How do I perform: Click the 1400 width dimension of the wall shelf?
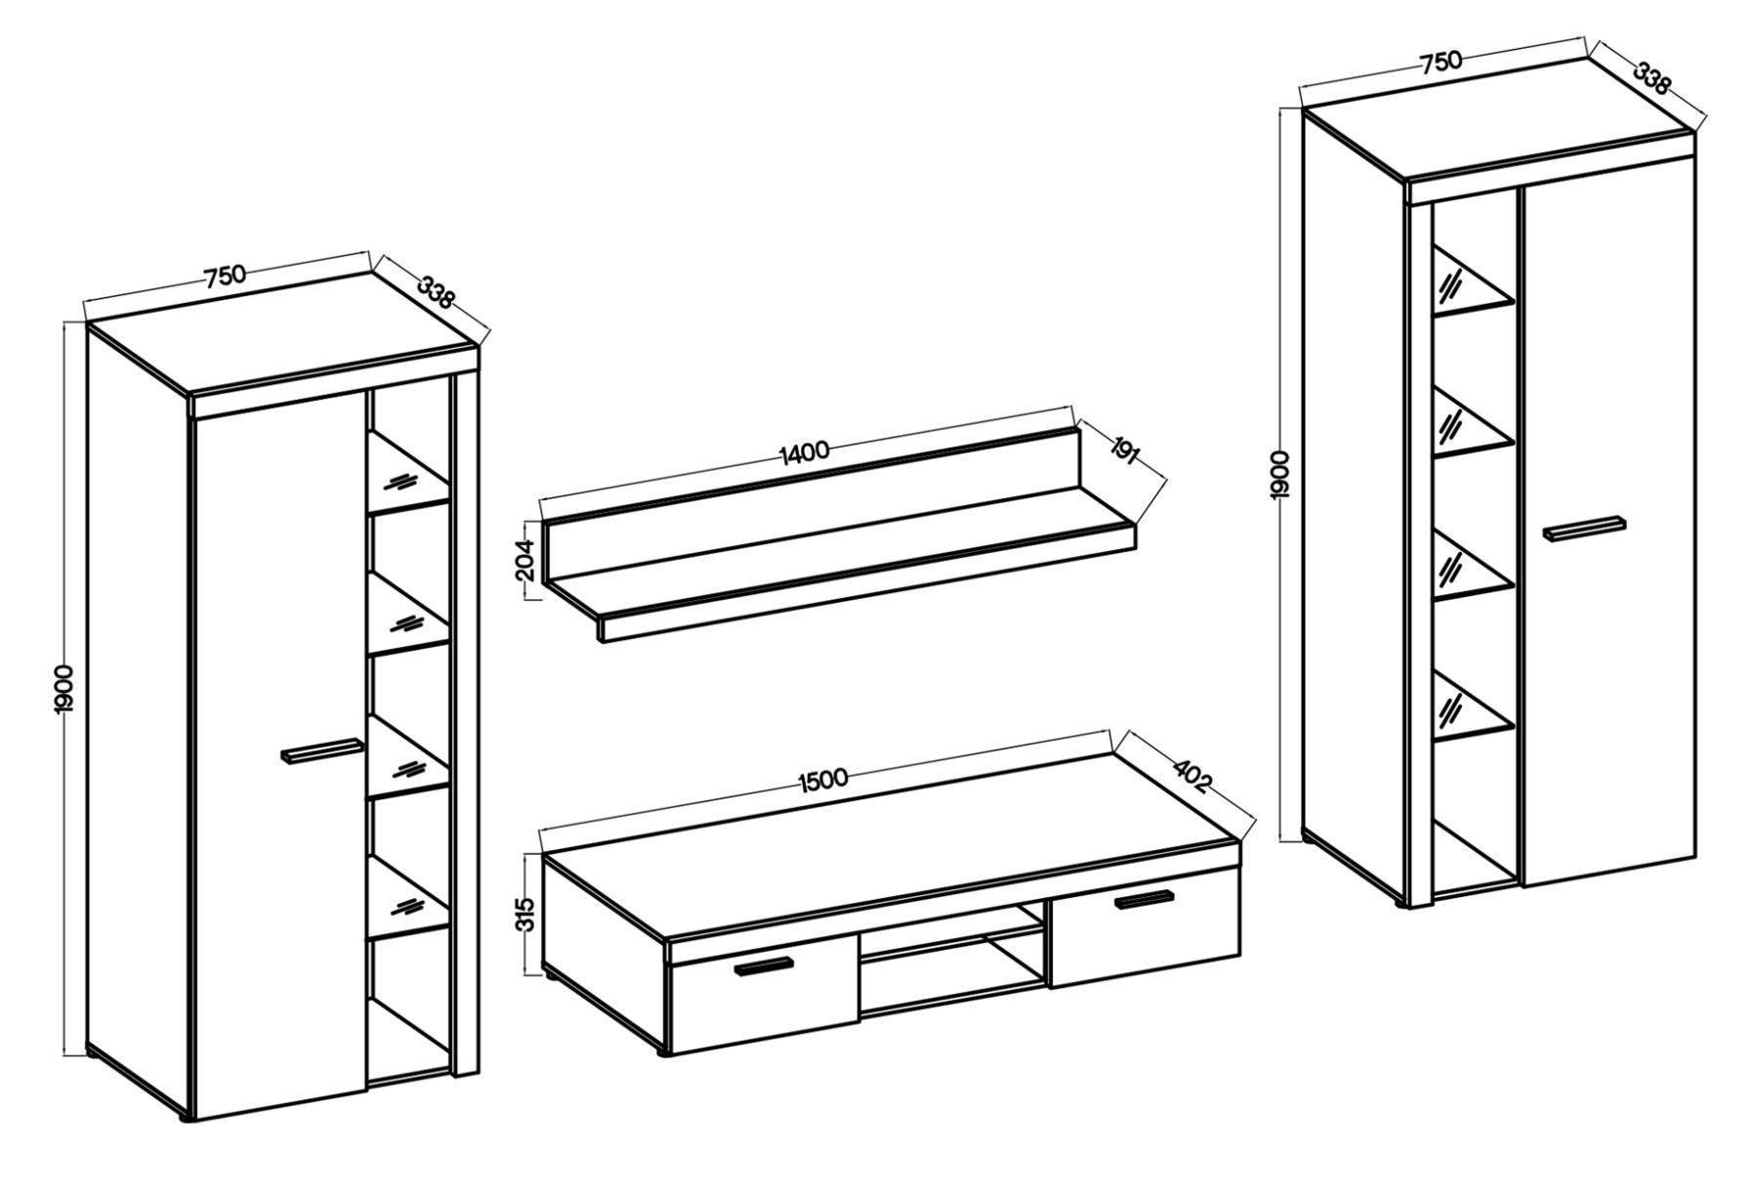805,450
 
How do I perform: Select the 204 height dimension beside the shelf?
526,562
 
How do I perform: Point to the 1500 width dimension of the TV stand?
820,779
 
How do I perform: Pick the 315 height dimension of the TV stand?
526,917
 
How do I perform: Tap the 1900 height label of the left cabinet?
64,691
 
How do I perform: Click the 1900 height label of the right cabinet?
1281,476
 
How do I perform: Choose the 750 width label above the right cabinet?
1441,62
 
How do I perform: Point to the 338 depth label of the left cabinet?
436,291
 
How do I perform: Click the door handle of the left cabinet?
320,749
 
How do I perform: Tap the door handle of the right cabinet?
1584,528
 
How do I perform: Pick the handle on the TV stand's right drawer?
1149,899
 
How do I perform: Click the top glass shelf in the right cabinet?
1473,283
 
